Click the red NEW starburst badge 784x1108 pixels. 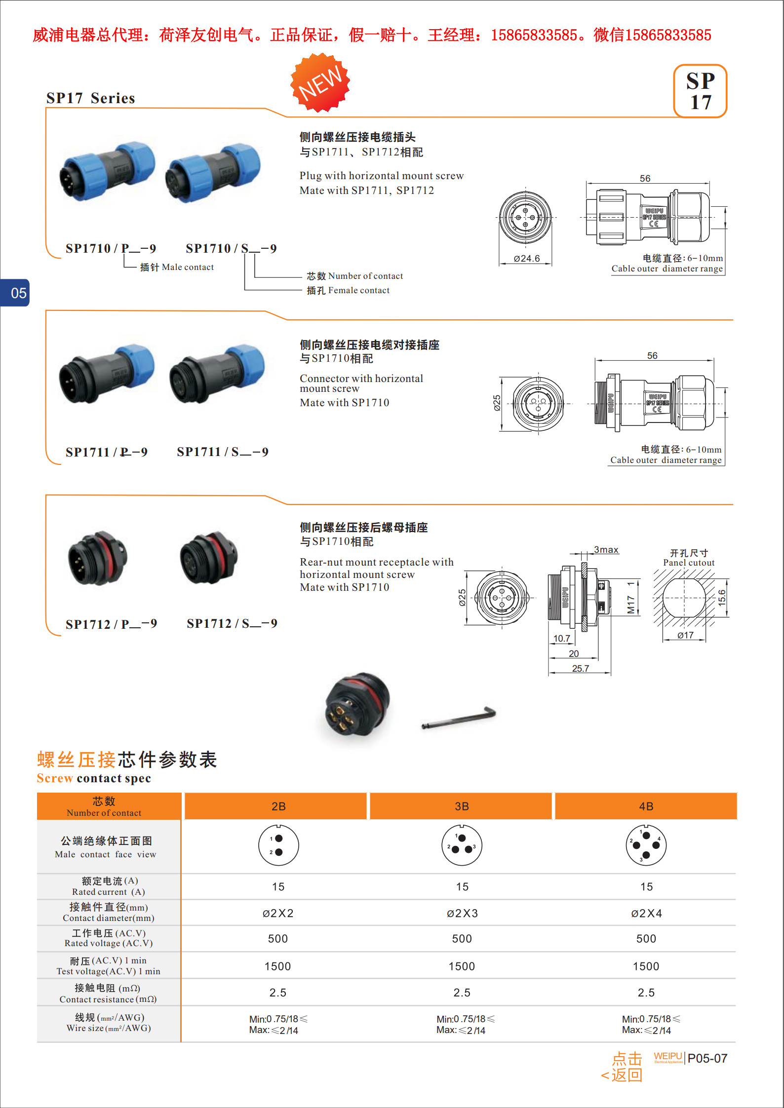(x=320, y=82)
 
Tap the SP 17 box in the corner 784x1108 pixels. (x=700, y=91)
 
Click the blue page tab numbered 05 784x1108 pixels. (x=15, y=293)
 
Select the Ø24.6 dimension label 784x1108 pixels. (x=526, y=258)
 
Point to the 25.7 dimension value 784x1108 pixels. (x=581, y=668)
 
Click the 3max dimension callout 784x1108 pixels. (x=606, y=550)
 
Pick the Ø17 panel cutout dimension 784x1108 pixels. (x=685, y=635)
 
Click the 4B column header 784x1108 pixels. (x=646, y=806)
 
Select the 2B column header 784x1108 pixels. (x=278, y=806)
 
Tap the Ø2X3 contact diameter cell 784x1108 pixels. (x=462, y=914)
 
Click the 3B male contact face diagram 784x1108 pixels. (x=462, y=845)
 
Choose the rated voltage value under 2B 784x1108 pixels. (x=278, y=939)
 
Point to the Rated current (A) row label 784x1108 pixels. (x=109, y=886)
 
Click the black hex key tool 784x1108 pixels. (x=459, y=718)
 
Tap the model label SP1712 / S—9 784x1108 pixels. (x=232, y=624)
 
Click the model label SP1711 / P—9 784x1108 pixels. (x=107, y=452)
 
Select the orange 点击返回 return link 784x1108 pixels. (x=622, y=1067)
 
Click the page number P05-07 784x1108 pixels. (x=707, y=1058)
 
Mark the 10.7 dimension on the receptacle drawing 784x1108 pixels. (x=561, y=638)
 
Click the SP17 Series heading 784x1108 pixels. (x=91, y=98)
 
